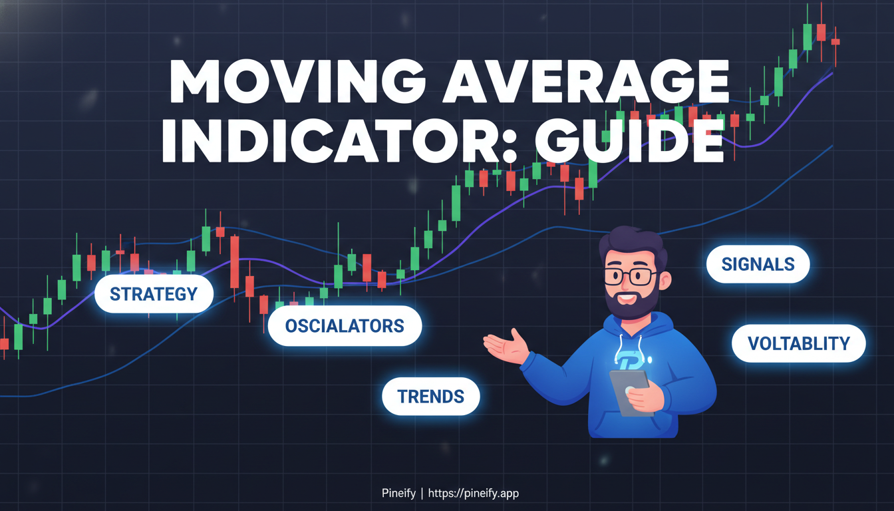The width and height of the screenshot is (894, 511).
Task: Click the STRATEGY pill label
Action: (x=154, y=294)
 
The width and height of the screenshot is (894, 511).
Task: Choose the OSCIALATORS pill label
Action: (x=345, y=326)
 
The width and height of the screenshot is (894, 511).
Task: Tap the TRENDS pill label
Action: (x=430, y=397)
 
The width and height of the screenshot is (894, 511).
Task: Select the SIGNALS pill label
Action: (x=758, y=264)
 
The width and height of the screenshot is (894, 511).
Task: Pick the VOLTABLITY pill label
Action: (x=798, y=343)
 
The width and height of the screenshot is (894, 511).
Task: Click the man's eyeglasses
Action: (x=630, y=275)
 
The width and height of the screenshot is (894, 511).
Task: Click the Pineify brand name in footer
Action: (x=398, y=493)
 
